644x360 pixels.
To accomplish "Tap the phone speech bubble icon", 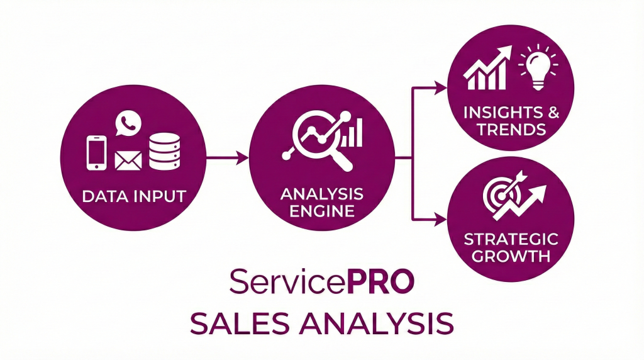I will (x=129, y=122).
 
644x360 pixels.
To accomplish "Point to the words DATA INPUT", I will (x=134, y=196).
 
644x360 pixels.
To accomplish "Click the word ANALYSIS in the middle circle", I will (x=322, y=193).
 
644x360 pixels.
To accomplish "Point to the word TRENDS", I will (x=510, y=130).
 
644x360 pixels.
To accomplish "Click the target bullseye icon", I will (x=497, y=196).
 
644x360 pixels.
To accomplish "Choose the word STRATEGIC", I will (x=510, y=239).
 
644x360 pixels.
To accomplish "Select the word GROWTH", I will (x=510, y=256).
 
